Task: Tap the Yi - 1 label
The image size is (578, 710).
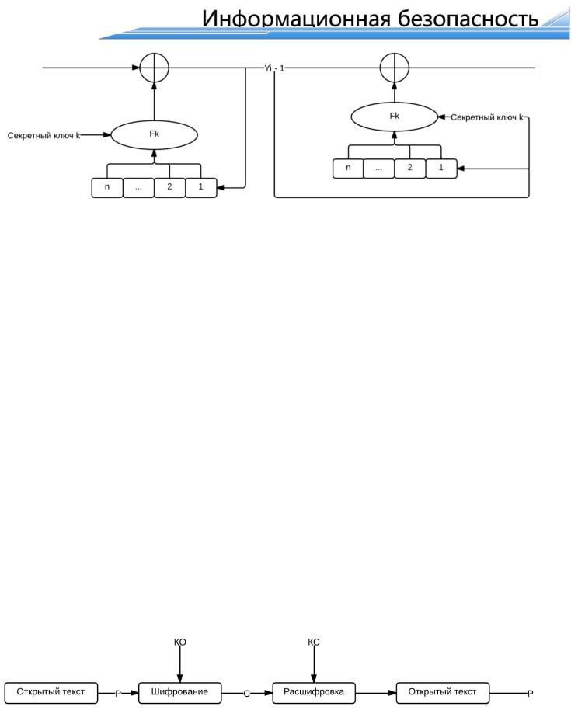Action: [274, 68]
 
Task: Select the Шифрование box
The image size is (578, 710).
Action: [180, 691]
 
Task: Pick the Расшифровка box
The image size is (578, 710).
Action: [314, 691]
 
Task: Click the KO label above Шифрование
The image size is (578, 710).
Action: [180, 642]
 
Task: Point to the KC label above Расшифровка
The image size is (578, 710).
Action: [314, 642]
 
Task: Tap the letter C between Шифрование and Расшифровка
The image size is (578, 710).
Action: [247, 693]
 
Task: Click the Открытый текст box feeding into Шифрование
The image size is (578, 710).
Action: [51, 691]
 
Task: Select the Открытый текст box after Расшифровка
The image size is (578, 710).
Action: [442, 691]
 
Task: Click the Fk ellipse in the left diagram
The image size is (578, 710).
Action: [155, 134]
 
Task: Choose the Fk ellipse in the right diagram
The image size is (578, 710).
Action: [395, 117]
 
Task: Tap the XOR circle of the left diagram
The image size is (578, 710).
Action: [154, 68]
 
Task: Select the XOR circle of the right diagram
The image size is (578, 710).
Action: [394, 68]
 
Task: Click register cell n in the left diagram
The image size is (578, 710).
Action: [107, 188]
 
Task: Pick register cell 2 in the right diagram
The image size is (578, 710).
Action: [409, 168]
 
